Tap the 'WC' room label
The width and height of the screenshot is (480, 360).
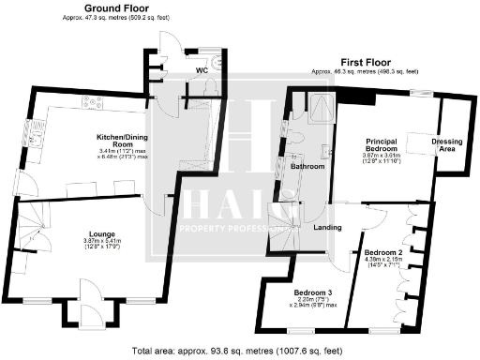click(x=202, y=71)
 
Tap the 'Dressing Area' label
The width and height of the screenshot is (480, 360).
click(x=446, y=146)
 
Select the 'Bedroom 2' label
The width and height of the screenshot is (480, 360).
click(x=382, y=254)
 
